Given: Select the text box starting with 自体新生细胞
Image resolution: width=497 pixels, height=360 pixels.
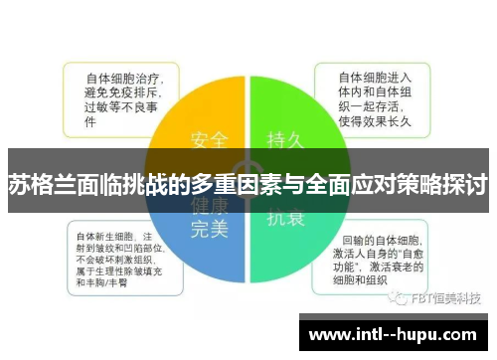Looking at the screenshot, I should click(x=119, y=259).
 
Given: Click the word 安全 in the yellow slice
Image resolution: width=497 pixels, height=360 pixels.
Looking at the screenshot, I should click(x=209, y=137).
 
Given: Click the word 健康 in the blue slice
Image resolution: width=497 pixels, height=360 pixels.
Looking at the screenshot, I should click(x=209, y=207).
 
